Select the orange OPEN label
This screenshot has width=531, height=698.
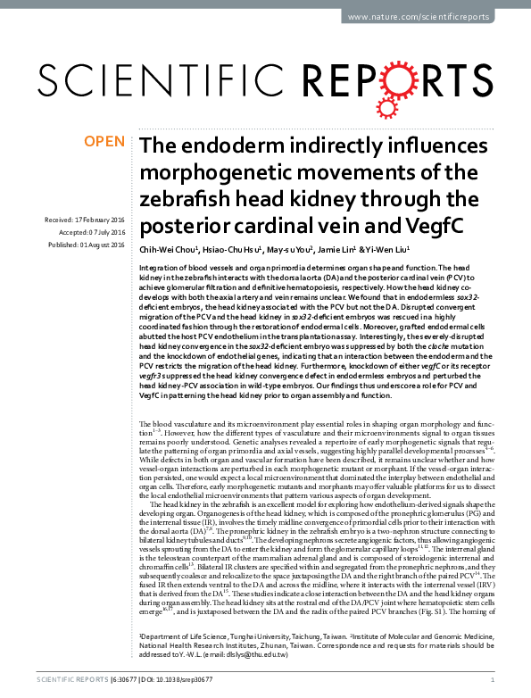point(104,141)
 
